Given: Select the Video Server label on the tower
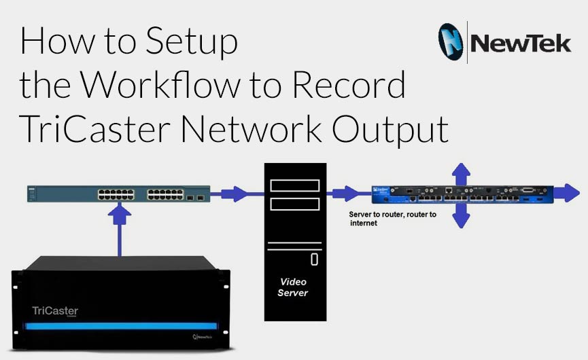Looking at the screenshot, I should pyautogui.click(x=294, y=287).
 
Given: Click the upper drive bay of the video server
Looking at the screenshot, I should pyautogui.click(x=294, y=185).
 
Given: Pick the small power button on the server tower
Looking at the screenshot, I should pyautogui.click(x=314, y=259).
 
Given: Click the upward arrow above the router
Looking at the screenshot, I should pyautogui.click(x=462, y=173).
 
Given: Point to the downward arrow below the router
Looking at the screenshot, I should pyautogui.click(x=462, y=216).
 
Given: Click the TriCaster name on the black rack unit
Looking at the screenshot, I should pyautogui.click(x=55, y=311).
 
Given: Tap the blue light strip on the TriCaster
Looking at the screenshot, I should pyautogui.click(x=120, y=326).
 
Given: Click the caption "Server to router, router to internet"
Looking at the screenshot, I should pyautogui.click(x=392, y=218).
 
